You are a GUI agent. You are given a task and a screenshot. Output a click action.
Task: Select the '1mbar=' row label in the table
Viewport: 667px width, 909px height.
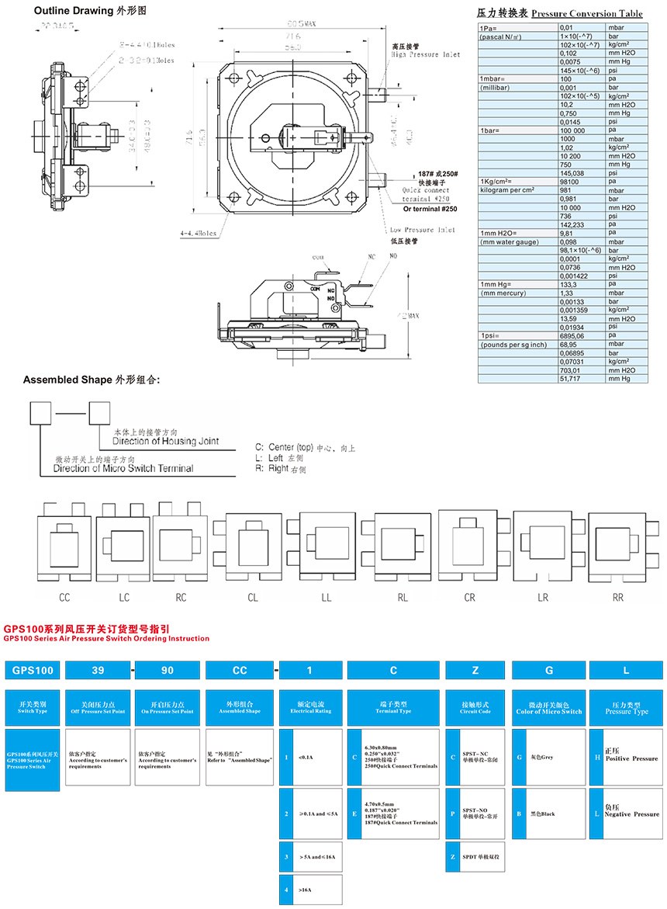click(493, 79)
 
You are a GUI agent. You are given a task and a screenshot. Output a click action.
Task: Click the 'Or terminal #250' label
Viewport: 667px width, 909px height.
click(434, 209)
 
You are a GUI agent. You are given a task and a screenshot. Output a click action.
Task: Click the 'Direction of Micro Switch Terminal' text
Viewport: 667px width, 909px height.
click(123, 468)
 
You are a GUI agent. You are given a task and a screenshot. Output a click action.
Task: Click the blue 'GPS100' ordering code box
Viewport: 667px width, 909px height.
click(33, 670)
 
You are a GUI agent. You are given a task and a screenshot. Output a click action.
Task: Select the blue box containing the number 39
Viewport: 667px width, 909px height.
click(97, 670)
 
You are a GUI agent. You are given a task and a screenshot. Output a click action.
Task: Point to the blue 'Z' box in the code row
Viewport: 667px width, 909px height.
click(475, 670)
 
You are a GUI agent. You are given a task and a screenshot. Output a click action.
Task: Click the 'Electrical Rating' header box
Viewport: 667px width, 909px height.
click(311, 707)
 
